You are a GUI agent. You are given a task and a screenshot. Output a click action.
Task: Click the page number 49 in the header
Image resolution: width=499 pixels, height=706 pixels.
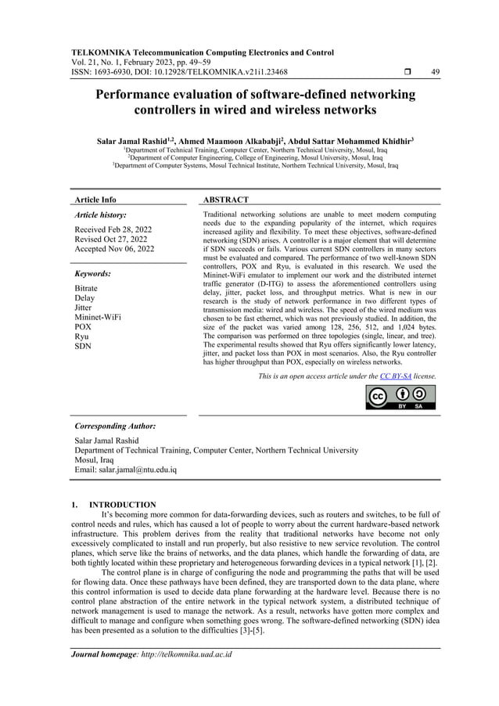tap(436, 71)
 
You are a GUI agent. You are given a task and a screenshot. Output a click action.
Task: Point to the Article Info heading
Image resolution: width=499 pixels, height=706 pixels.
tap(95, 200)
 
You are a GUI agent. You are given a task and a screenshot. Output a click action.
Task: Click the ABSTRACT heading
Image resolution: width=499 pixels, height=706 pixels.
tap(225, 200)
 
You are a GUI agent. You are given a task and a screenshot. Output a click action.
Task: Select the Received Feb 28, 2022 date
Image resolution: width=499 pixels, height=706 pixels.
tap(113, 229)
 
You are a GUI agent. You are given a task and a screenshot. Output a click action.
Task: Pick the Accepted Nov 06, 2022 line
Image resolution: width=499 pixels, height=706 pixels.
tap(114, 249)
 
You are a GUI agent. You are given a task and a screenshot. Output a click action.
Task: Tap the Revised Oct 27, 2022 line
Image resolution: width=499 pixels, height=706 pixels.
tap(111, 240)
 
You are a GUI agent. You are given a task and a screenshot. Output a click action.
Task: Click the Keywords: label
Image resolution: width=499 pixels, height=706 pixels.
tap(92, 274)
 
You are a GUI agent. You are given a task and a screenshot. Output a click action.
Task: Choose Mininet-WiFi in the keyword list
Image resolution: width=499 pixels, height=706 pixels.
tap(98, 317)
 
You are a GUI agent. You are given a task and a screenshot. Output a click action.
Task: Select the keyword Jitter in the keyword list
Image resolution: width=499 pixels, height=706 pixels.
tap(82, 308)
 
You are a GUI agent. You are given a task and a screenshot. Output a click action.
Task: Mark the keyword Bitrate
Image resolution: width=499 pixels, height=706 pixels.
tap(86, 288)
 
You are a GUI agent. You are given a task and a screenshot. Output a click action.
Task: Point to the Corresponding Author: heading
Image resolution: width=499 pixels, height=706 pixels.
tap(114, 426)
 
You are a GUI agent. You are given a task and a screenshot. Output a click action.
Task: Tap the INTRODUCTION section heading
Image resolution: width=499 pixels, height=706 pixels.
tap(123, 504)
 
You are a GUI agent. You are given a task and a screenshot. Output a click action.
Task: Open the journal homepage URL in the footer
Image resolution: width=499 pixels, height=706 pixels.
tap(184, 654)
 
